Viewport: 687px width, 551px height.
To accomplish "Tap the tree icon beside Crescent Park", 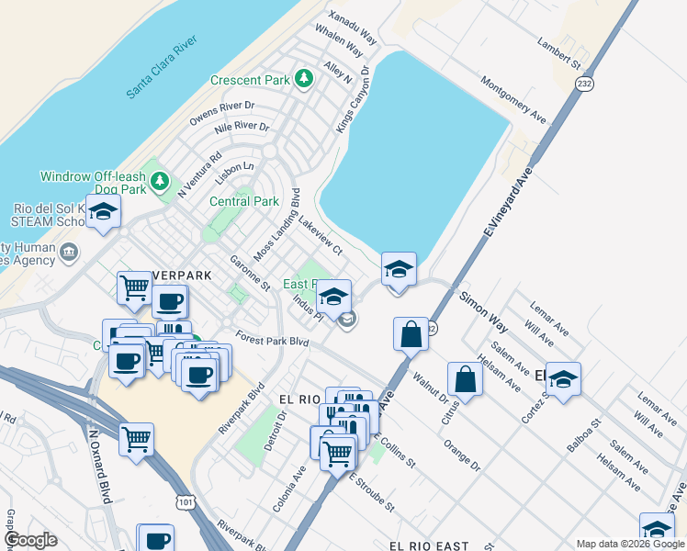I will point(303,80).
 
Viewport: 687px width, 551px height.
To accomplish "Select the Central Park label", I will point(244,201).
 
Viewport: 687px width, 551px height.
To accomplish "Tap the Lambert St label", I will point(562,55).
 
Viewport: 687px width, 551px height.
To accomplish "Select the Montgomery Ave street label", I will point(513,98).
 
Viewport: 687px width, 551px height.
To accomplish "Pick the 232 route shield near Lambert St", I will point(586,84).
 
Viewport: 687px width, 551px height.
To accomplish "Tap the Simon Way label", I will point(484,310).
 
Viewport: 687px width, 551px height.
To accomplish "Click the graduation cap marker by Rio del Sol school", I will point(103,213).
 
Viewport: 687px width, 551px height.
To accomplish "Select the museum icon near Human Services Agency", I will point(69,252).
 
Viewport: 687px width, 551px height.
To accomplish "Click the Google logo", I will point(30,540).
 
